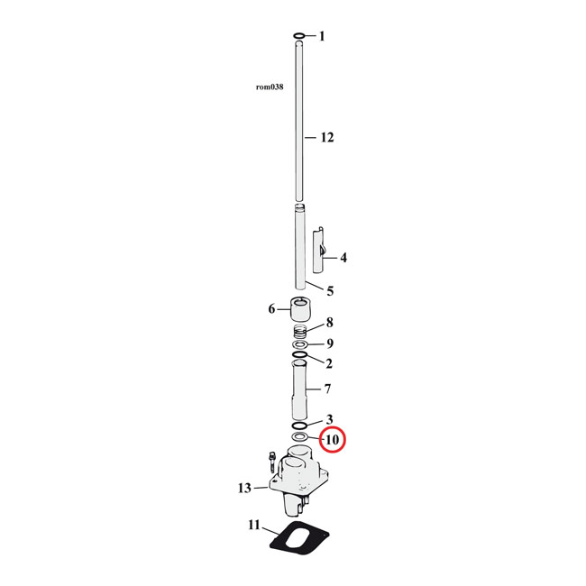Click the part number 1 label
point(322,37)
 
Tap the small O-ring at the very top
point(298,37)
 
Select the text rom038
point(270,87)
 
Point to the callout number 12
point(326,138)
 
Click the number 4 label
point(343,258)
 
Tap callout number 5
point(330,291)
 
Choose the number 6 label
point(271,310)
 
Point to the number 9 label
point(330,343)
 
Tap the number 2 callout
point(329,364)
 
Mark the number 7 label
point(328,389)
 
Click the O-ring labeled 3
point(299,425)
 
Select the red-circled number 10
point(331,440)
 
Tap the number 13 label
point(244,488)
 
